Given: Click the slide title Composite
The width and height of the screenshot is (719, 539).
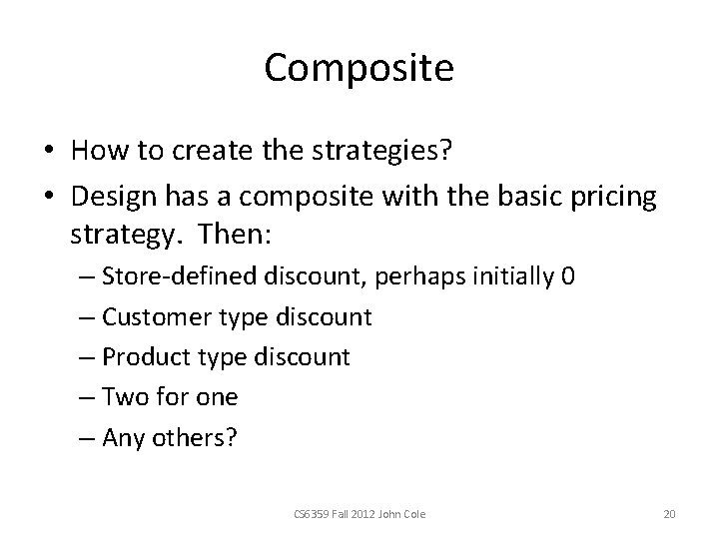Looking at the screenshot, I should (359, 69).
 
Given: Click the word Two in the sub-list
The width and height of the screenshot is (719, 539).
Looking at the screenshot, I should (124, 396).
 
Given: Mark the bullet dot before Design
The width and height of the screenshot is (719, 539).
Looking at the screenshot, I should (48, 198).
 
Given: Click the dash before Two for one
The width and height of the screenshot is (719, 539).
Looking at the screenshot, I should (86, 396).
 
